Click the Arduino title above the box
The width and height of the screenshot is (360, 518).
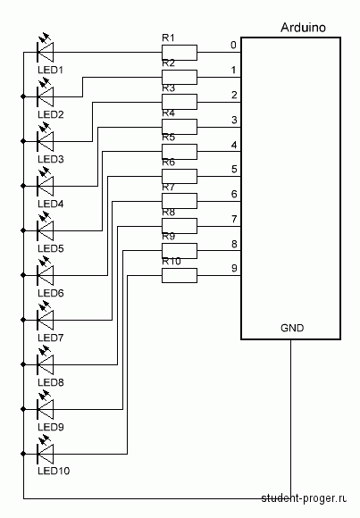[x=303, y=28]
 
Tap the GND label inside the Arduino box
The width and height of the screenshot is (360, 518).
[x=292, y=328]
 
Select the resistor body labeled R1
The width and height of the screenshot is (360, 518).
[x=180, y=53]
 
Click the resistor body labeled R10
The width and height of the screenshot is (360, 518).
[x=180, y=275]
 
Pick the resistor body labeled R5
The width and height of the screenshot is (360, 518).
[x=180, y=152]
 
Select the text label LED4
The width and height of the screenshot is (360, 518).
[x=51, y=204]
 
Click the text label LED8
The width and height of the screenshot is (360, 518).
[x=51, y=382]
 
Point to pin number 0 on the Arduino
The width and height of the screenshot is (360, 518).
[x=233, y=45]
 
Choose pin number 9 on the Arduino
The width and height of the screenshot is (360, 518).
[x=234, y=268]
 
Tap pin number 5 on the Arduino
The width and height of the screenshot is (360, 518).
[x=234, y=169]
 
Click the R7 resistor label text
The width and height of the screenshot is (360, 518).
[x=168, y=188]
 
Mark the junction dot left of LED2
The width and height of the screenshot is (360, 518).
[x=23, y=96]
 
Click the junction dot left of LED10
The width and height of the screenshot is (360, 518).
[x=23, y=454]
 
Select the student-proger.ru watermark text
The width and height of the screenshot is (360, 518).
[x=304, y=498]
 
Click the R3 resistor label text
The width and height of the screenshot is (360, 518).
[x=168, y=88]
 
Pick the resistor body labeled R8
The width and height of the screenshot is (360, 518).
[x=180, y=226]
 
